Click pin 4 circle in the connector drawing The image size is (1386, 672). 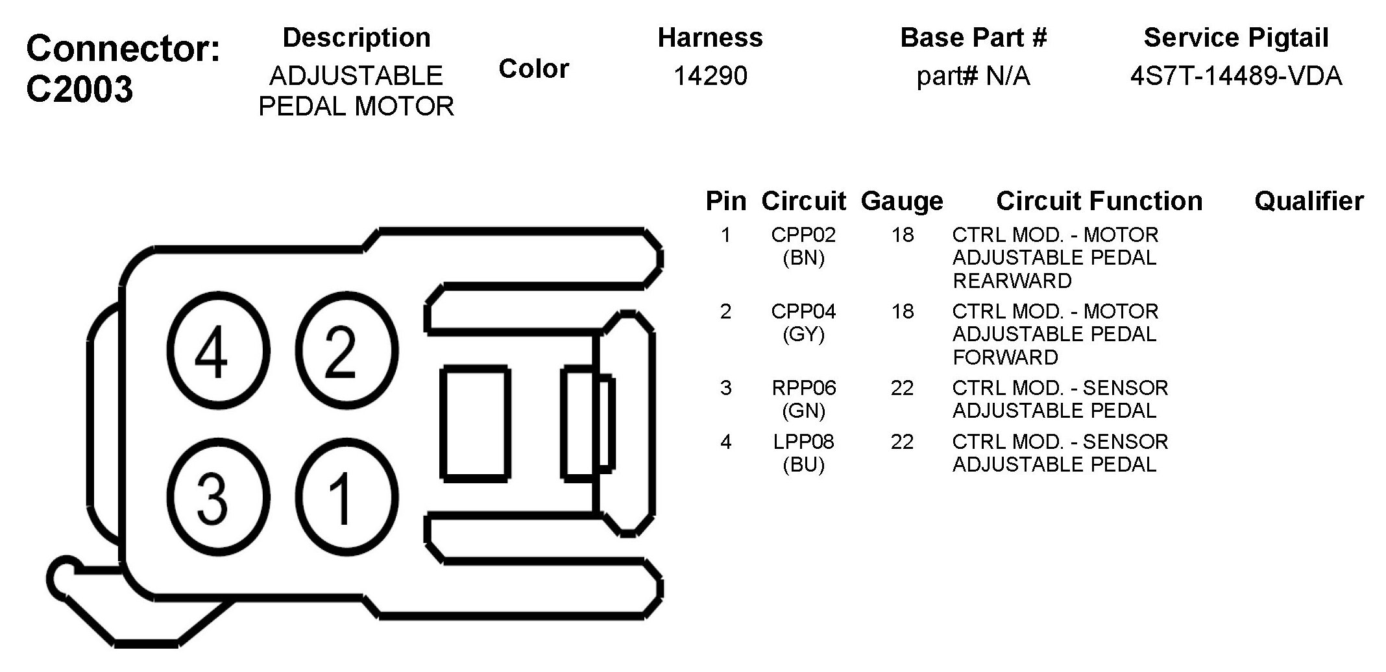217,352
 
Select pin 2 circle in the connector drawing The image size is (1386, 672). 346,352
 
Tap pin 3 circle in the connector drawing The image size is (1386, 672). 217,498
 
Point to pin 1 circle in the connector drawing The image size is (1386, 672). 346,498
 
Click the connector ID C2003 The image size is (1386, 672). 79,89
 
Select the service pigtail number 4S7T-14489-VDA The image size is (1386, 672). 1235,77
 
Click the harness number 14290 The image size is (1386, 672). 710,77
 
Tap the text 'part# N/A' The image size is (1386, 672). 973,77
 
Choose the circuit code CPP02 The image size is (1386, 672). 803,235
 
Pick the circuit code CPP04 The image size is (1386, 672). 803,311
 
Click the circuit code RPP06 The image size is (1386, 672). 803,388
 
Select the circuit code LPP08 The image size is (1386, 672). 803,442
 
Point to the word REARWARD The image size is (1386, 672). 1012,281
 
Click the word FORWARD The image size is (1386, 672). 1004,357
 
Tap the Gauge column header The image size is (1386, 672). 901,202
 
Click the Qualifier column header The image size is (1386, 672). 1308,202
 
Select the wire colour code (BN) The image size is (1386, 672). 803,258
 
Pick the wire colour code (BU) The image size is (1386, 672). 803,465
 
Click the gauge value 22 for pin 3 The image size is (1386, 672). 902,388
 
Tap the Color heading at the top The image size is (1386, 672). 533,69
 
